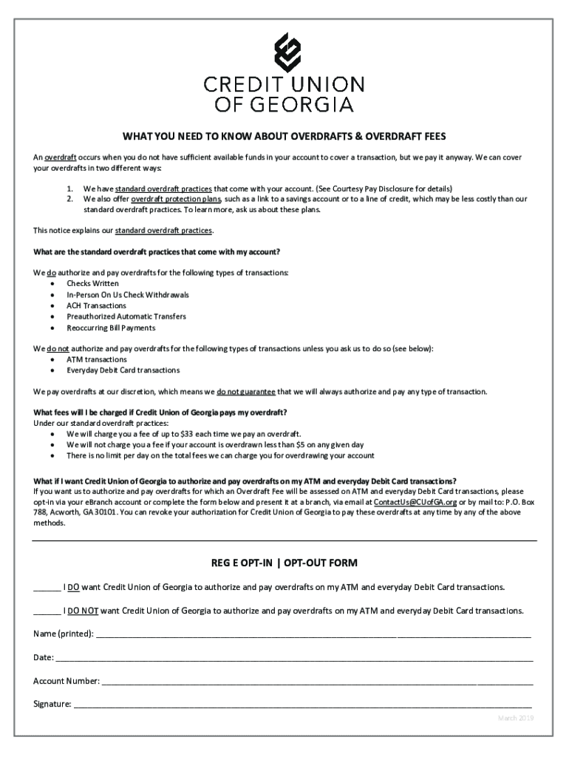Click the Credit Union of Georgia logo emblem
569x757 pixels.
[284, 50]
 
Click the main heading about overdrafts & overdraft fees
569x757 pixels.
[284, 137]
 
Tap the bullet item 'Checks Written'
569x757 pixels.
[92, 283]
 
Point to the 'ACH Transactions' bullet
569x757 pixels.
[96, 305]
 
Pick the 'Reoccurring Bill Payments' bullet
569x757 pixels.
[111, 327]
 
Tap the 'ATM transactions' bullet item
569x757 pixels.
[97, 359]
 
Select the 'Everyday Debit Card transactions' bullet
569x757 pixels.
[123, 370]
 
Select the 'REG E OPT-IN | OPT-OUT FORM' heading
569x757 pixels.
[284, 563]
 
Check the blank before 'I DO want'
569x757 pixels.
[47, 588]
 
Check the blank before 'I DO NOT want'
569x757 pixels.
[47, 611]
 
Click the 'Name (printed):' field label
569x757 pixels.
[64, 634]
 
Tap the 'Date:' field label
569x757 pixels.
[44, 657]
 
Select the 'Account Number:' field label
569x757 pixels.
[67, 681]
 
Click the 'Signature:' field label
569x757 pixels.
[52, 705]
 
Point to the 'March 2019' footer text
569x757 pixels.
[515, 719]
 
